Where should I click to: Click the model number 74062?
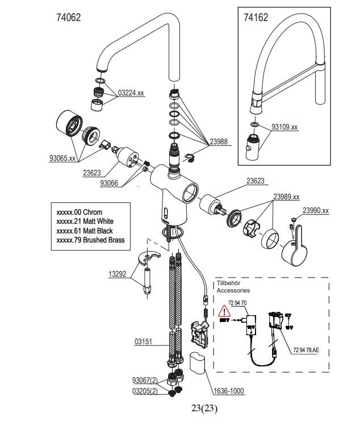pyautogui.click(x=69, y=18)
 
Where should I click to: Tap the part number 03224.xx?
pyautogui.click(x=131, y=93)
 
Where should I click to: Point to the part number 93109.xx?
pyautogui.click(x=284, y=127)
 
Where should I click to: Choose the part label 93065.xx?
pyautogui.click(x=62, y=158)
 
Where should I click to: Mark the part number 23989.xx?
pyautogui.click(x=286, y=197)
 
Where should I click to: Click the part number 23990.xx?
pyautogui.click(x=315, y=210)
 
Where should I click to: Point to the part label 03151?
pyautogui.click(x=144, y=343)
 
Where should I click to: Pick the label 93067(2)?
pyautogui.click(x=144, y=380)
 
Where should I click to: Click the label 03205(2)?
pyautogui.click(x=144, y=391)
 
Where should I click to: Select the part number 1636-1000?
pyautogui.click(x=229, y=391)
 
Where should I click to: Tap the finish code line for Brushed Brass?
pyautogui.click(x=90, y=240)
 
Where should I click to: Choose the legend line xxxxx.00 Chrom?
pyautogui.click(x=79, y=212)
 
